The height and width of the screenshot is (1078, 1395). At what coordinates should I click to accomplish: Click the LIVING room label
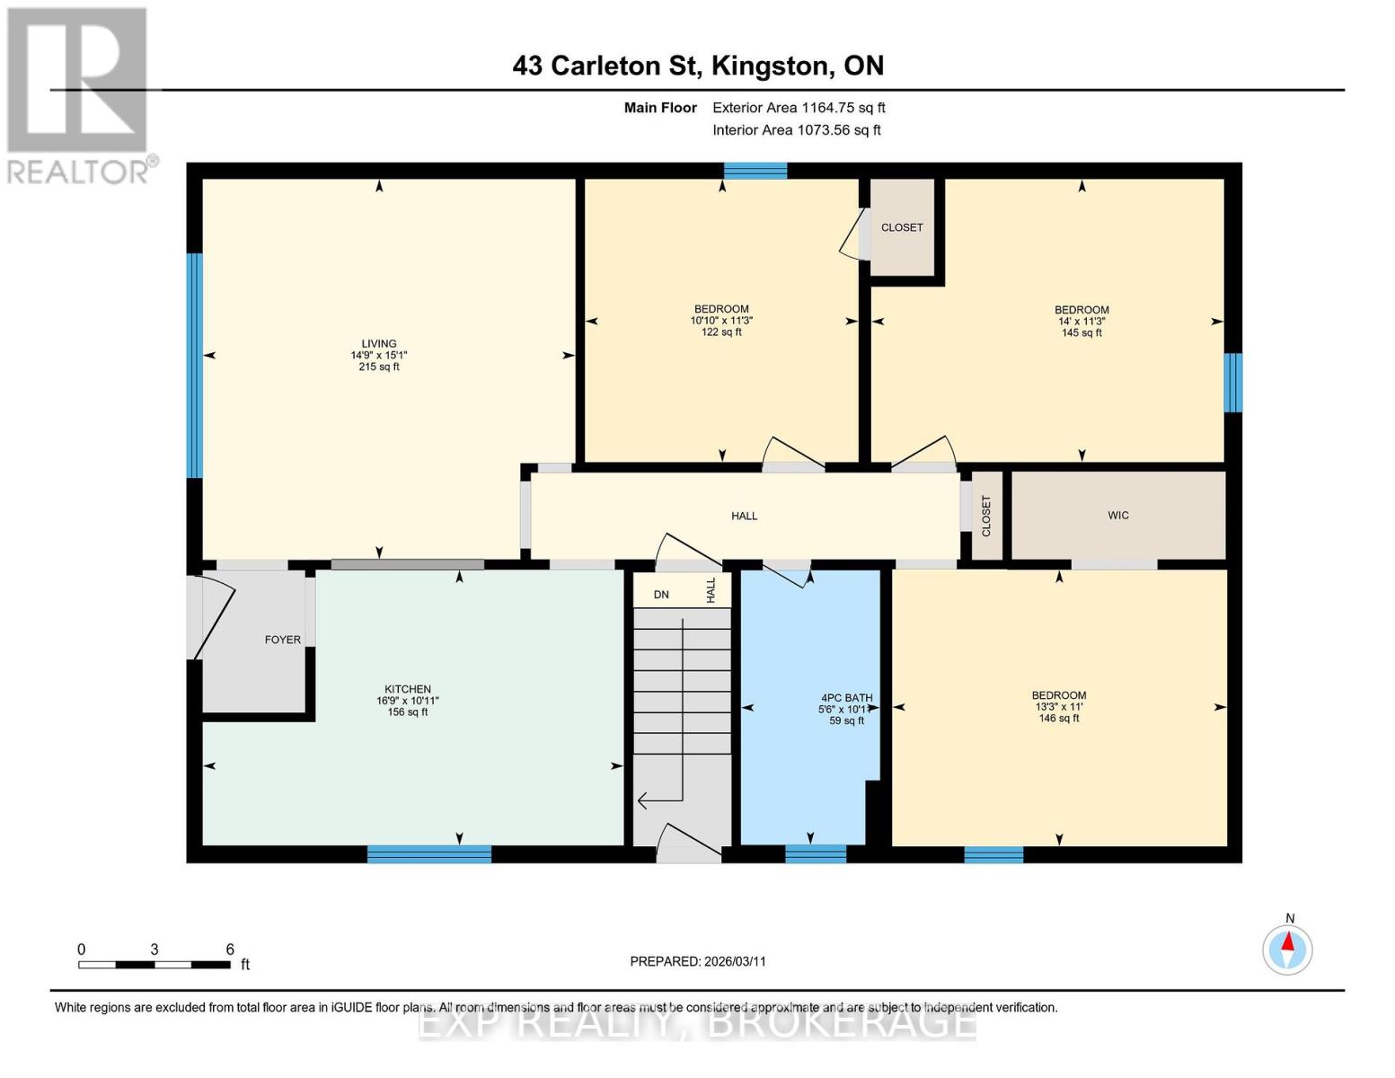point(379,343)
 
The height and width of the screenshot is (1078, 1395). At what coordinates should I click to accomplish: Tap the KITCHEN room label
point(408,689)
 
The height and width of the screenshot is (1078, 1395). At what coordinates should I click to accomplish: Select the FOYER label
point(282,640)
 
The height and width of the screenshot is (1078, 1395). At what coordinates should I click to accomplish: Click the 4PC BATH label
point(846,697)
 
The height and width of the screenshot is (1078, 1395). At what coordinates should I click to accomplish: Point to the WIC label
point(1117,516)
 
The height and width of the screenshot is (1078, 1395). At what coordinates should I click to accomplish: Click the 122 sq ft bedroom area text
point(721,332)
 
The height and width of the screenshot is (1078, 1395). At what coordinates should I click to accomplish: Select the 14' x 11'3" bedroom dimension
point(1081,322)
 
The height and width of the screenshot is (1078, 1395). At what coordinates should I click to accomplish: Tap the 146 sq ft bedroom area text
point(1058,719)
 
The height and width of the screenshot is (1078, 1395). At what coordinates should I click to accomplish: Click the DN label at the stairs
point(661,595)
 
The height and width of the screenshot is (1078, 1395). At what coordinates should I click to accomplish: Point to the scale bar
point(154,965)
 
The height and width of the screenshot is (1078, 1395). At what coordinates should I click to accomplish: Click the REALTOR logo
point(78,94)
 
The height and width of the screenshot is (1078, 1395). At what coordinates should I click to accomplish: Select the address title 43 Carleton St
point(698,66)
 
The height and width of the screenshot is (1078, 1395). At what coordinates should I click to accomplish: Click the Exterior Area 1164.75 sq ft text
point(799,108)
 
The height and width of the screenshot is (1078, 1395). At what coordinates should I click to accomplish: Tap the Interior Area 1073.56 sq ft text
point(796,130)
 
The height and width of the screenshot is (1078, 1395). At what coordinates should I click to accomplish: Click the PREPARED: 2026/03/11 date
point(698,961)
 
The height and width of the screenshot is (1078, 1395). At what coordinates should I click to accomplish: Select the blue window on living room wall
point(194,365)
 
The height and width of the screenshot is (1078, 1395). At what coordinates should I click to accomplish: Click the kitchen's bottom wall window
point(429,854)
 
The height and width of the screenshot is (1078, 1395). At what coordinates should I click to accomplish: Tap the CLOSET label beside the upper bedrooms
point(902,228)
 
